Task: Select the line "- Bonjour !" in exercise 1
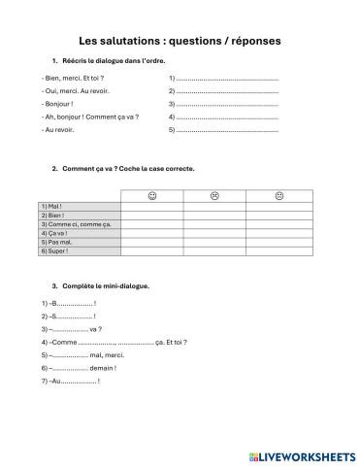pos(58,103)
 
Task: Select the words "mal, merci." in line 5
pos(109,355)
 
